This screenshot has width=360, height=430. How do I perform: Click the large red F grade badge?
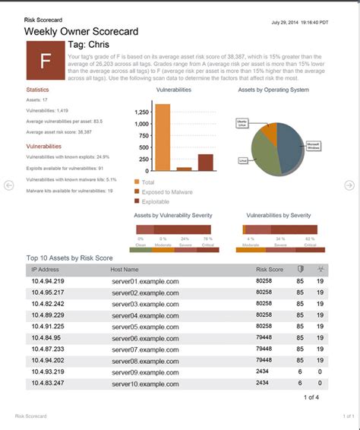coord(46,60)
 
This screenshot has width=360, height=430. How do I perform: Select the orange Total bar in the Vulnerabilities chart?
coord(163,137)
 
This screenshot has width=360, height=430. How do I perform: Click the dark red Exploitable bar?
coord(205,163)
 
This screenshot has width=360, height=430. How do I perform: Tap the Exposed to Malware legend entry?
coord(168,191)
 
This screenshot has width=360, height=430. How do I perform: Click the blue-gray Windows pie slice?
coord(290,144)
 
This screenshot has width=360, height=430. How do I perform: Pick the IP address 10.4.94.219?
coord(48,281)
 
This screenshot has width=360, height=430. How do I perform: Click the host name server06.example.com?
coord(145,338)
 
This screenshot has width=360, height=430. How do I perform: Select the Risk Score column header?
coord(270,269)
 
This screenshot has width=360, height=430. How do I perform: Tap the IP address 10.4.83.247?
coord(48,384)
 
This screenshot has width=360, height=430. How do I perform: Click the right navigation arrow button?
coord(349,185)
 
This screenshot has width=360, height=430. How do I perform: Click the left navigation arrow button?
coord(9,185)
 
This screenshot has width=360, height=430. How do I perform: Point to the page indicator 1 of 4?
coord(311,397)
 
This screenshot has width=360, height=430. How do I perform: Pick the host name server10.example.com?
coord(145,384)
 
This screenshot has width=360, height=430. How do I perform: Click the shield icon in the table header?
coord(300,269)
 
